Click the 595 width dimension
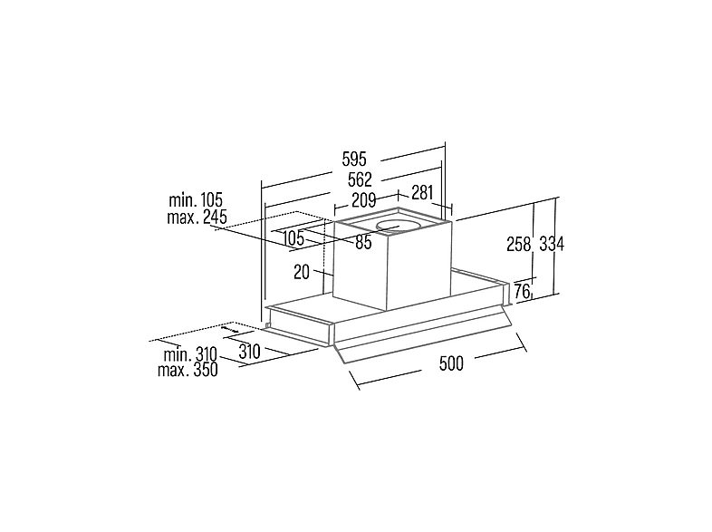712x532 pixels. (354, 160)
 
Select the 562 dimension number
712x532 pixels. (360, 180)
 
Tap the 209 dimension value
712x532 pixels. (364, 200)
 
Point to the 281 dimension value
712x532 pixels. (422, 193)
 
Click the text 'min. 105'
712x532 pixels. (196, 200)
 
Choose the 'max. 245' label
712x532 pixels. (197, 218)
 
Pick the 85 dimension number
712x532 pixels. (363, 243)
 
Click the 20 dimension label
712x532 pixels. (302, 272)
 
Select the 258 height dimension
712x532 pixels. (518, 245)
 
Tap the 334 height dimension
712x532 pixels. (552, 245)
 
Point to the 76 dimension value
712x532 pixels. (522, 291)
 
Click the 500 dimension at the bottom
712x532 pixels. (451, 363)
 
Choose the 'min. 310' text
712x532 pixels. (191, 353)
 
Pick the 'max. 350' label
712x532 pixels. (188, 370)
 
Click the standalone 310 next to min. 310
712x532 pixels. (249, 352)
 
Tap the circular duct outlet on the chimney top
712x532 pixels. (397, 226)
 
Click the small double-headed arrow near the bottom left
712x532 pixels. (230, 329)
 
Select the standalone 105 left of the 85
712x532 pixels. (293, 237)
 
